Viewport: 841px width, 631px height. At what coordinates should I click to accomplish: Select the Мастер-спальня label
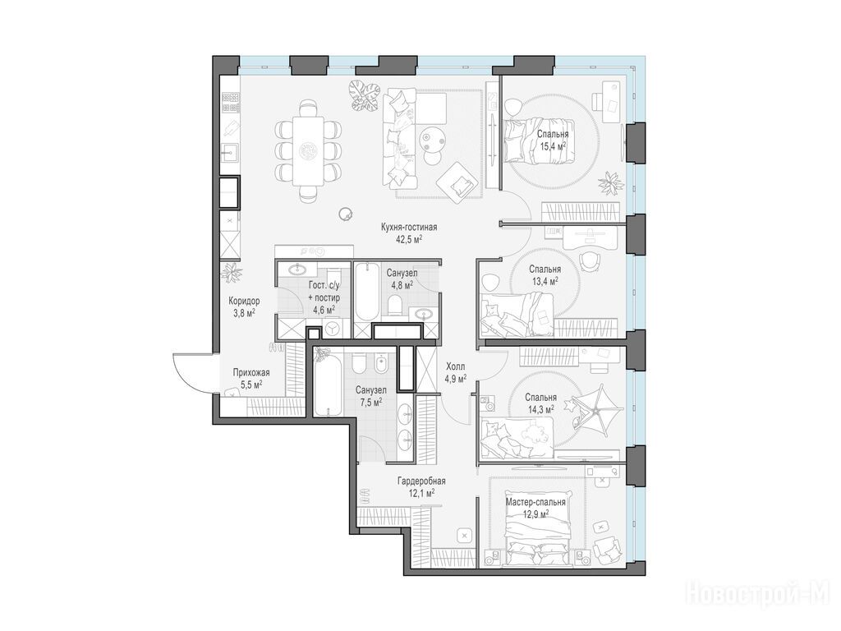point(535,503)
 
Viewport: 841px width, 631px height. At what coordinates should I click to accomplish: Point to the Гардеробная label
point(421,481)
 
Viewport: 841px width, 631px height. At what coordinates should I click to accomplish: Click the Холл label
point(455,366)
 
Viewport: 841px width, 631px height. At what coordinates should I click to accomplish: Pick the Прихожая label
point(251,372)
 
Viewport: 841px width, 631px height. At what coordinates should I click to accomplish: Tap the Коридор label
point(244,301)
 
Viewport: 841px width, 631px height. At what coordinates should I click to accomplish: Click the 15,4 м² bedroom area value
point(553,146)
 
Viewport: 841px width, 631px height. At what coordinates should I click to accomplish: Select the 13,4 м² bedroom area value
point(545,281)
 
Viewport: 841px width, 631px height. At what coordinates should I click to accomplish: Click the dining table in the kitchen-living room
point(309,151)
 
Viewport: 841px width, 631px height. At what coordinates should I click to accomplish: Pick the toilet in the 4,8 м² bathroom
point(395,304)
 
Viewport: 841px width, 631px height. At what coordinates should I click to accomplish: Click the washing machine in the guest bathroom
point(333,328)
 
